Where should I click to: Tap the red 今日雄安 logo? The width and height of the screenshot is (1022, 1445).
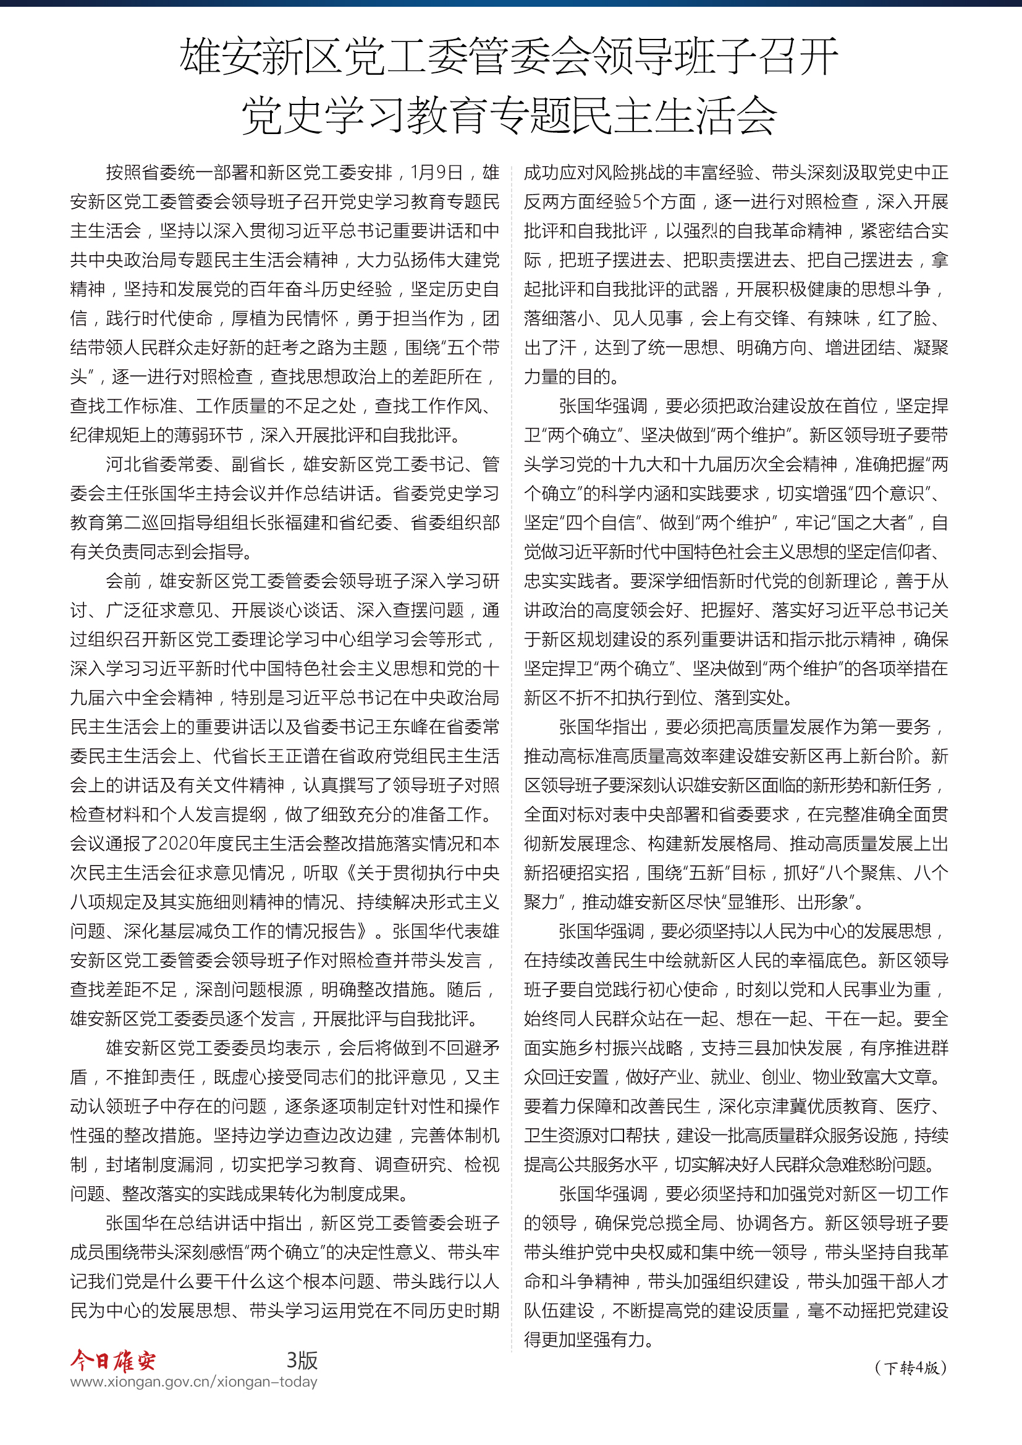point(112,1360)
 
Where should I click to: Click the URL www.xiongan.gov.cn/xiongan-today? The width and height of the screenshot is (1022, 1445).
point(194,1381)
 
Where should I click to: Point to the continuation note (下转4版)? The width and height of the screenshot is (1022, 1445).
point(911,1368)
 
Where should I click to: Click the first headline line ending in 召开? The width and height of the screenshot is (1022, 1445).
point(509,57)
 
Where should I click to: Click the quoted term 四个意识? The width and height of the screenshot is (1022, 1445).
point(888,494)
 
